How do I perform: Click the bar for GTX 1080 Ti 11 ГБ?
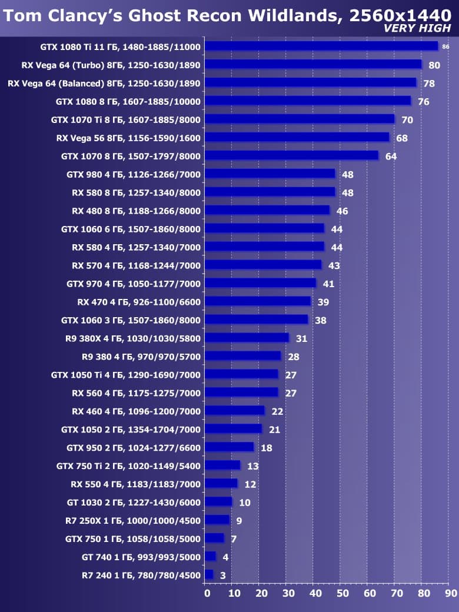pyautogui.click(x=321, y=46)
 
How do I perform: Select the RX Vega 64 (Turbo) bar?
pyautogui.click(x=313, y=64)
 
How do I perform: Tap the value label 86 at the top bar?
pyautogui.click(x=445, y=46)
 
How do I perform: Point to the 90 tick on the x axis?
pyautogui.click(x=450, y=594)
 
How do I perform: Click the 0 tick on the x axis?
pyautogui.click(x=207, y=594)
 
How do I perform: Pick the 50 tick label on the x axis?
pyautogui.click(x=342, y=594)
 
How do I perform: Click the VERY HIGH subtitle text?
pyautogui.click(x=418, y=28)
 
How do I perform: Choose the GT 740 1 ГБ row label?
pyautogui.click(x=141, y=557)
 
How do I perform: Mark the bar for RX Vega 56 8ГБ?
pyautogui.click(x=297, y=137)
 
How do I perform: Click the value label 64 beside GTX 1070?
pyautogui.click(x=391, y=157)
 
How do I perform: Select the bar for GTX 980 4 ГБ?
pyautogui.click(x=270, y=174)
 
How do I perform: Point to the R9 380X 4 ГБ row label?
pyautogui.click(x=133, y=338)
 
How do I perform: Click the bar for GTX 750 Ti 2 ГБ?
pyautogui.click(x=222, y=465)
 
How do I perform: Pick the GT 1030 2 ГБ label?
pyautogui.click(x=134, y=502)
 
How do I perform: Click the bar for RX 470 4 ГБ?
pyautogui.click(x=258, y=301)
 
